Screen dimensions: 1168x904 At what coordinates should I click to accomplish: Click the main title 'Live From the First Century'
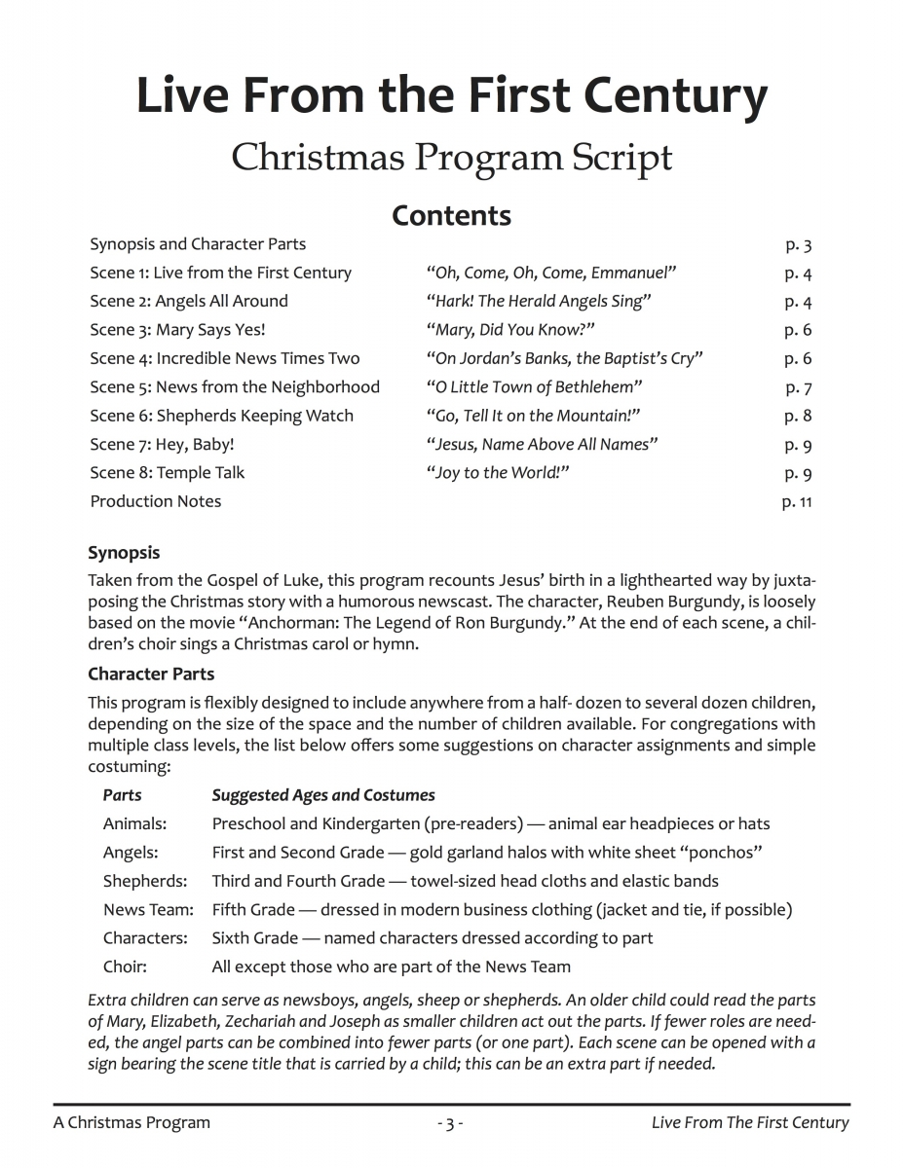(451, 97)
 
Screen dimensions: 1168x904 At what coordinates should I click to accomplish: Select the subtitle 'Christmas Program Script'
(451, 157)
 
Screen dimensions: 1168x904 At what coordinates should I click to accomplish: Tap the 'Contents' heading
(451, 215)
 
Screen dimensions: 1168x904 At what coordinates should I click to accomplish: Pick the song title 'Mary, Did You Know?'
(510, 330)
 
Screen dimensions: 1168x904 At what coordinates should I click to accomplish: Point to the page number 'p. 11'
(796, 502)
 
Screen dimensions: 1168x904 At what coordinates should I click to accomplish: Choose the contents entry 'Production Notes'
(156, 501)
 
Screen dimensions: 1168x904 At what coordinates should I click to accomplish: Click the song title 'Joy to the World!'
(498, 473)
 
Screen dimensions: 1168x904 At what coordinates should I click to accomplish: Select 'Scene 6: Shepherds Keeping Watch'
(221, 416)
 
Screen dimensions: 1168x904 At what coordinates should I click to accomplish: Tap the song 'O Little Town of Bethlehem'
(534, 387)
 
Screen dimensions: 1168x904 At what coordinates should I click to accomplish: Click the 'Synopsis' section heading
(124, 553)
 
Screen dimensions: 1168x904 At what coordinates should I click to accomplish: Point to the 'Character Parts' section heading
(151, 674)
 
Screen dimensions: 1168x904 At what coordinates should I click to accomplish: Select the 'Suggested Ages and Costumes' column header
(323, 795)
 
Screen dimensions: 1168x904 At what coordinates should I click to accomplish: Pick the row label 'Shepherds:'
(145, 881)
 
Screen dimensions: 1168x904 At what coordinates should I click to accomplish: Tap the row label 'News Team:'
(148, 910)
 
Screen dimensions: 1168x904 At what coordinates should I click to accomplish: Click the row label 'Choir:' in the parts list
(125, 967)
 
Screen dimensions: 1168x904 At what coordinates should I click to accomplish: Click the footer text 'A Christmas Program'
(132, 1123)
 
